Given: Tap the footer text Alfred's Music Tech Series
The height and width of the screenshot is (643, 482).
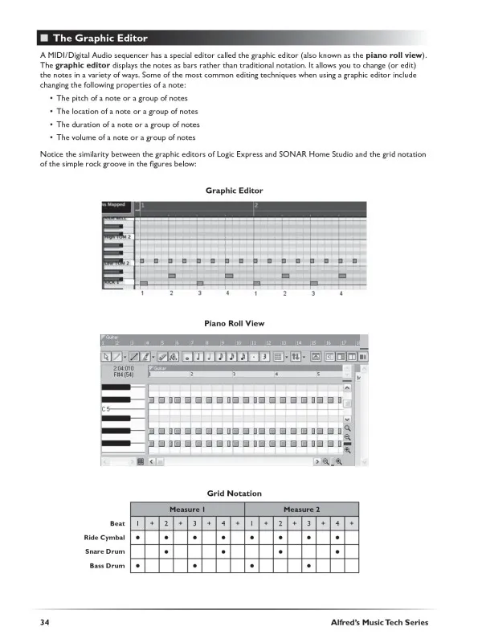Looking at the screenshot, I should [x=379, y=623].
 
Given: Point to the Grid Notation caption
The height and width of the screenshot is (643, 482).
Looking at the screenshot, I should [x=235, y=493].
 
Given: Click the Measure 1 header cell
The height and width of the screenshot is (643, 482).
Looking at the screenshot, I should [x=186, y=510].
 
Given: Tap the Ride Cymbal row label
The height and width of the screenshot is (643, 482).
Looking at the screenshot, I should [x=104, y=537].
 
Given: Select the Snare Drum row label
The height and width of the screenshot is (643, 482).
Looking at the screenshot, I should [x=105, y=551].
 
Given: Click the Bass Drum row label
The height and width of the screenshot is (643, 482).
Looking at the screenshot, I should [x=108, y=566].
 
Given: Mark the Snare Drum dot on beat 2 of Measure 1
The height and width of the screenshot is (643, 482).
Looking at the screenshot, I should [x=165, y=551].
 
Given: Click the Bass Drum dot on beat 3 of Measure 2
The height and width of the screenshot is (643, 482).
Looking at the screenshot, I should [x=308, y=566].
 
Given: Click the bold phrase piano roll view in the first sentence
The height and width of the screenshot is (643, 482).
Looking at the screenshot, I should [x=397, y=54].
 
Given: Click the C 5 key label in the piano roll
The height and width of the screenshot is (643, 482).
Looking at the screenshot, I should [x=107, y=409].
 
